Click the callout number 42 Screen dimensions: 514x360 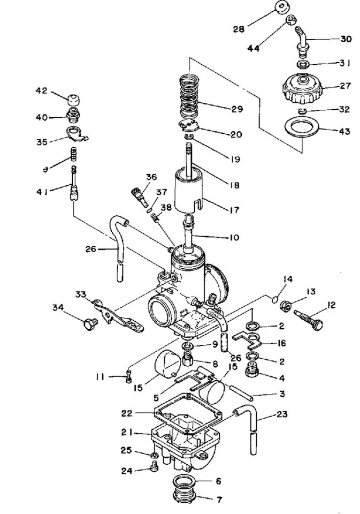(x=42, y=90)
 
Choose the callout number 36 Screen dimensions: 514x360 (x=151, y=177)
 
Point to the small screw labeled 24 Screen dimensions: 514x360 (x=155, y=470)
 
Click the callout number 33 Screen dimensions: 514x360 (x=81, y=294)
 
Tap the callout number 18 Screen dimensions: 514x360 (x=234, y=185)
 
